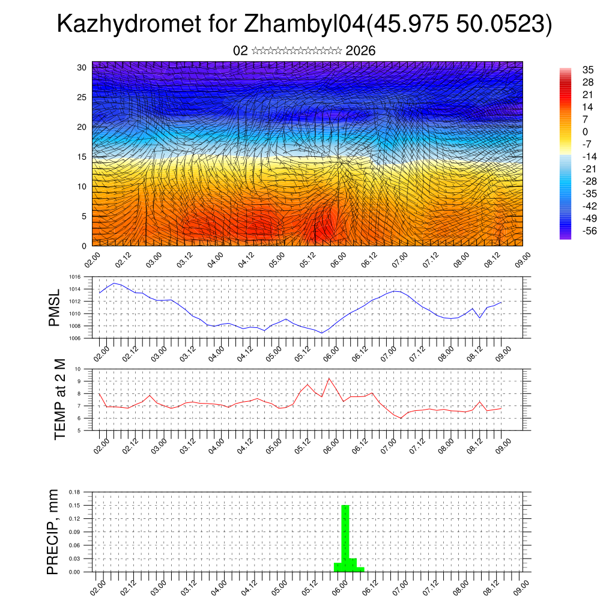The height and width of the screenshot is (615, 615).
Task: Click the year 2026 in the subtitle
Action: point(360,51)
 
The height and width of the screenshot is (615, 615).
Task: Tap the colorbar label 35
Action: point(588,70)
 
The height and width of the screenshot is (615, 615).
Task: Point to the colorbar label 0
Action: point(585,132)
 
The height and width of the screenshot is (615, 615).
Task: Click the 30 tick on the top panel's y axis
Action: point(81,67)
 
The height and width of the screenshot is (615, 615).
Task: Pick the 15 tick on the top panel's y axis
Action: point(81,157)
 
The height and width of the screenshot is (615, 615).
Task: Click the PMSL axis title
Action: point(54,308)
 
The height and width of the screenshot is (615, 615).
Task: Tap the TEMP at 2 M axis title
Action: point(59,400)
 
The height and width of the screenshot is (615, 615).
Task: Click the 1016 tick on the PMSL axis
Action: point(74,277)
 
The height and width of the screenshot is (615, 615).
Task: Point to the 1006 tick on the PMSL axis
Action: point(74,338)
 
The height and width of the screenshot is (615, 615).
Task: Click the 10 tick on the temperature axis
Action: point(78,369)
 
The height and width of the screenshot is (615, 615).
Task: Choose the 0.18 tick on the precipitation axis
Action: point(74,492)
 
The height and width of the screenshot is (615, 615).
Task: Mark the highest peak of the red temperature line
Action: point(329,378)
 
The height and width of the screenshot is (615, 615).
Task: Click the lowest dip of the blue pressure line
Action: point(322,333)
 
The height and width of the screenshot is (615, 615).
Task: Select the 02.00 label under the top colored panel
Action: point(92,259)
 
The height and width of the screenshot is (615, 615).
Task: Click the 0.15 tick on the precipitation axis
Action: point(74,506)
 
